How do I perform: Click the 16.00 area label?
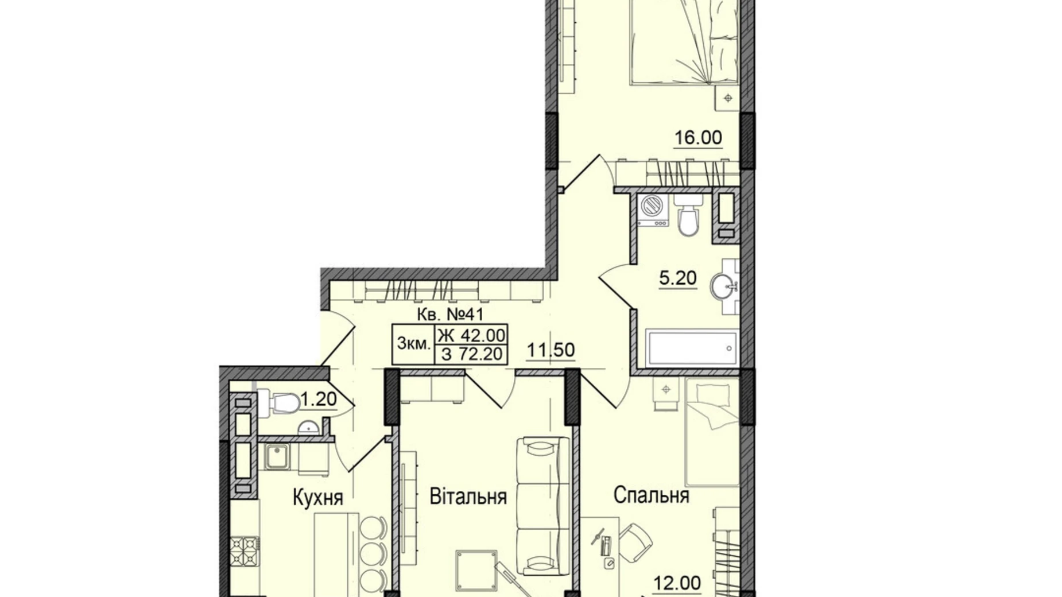698,138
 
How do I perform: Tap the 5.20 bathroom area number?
678,278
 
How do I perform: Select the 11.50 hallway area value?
551,350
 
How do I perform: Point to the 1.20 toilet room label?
318,398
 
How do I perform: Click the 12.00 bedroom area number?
677,583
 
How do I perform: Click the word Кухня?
317,497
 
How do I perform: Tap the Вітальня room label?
468,497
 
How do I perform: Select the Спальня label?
651,495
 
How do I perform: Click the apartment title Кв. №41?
449,314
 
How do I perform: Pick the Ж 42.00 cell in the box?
471,334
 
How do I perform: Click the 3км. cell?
413,344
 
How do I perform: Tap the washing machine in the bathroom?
653,209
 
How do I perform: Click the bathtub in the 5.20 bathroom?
691,348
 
